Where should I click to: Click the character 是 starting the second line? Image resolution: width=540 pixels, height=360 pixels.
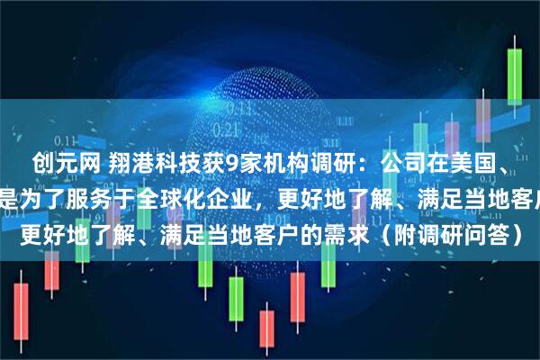(x=10, y=191)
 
